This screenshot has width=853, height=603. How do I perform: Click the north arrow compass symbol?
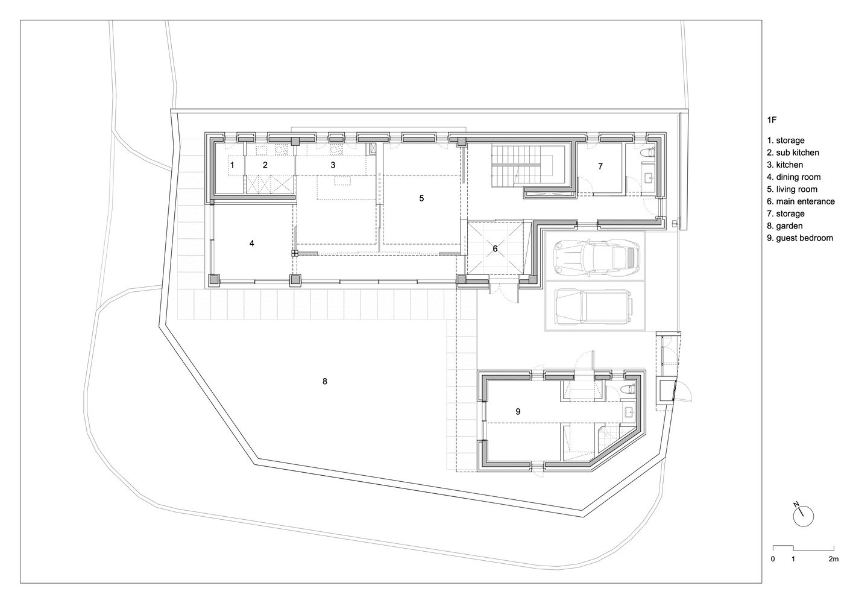point(804,515)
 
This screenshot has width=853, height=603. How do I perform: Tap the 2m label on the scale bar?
point(833,559)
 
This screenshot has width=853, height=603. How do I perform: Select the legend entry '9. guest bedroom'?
point(800,238)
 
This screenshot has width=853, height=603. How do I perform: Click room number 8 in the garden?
point(325,381)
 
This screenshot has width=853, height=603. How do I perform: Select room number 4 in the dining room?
point(252,243)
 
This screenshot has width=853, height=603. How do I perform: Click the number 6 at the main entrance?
point(495,248)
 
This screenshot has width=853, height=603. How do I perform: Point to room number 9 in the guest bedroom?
point(518,411)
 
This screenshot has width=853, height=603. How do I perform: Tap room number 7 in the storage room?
point(600,166)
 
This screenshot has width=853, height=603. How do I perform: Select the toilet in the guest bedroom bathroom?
point(628,388)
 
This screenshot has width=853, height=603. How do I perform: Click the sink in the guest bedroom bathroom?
point(628,412)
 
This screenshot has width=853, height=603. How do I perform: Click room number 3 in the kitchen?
point(333,164)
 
